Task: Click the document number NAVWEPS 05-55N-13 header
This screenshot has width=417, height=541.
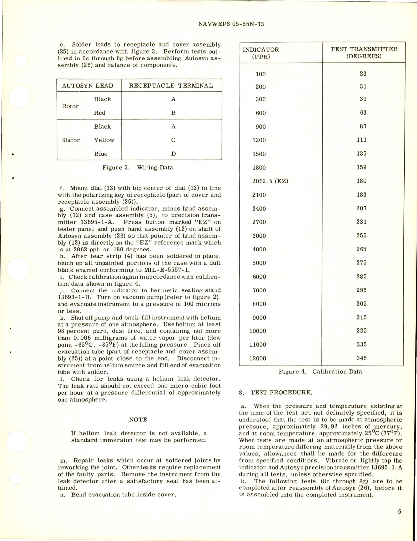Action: click(x=231, y=24)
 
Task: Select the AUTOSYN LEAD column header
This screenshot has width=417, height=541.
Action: click(x=88, y=86)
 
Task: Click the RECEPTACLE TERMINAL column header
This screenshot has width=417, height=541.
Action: click(x=171, y=86)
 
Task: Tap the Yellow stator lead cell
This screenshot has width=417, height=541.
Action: click(x=104, y=140)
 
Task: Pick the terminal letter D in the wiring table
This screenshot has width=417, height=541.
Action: click(x=173, y=154)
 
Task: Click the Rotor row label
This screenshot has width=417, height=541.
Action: click(x=70, y=106)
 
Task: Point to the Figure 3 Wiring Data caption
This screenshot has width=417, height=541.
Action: click(x=138, y=167)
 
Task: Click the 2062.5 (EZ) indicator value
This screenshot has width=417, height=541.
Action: click(x=270, y=181)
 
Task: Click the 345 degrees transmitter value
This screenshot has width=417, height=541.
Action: click(x=361, y=358)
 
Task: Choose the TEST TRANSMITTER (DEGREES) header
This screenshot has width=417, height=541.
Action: click(x=364, y=52)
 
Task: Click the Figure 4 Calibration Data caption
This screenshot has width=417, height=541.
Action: click(x=320, y=372)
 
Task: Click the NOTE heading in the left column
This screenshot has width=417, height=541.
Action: click(x=138, y=419)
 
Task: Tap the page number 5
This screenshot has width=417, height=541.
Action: click(x=399, y=512)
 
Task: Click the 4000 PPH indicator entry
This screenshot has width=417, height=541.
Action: click(x=259, y=249)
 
